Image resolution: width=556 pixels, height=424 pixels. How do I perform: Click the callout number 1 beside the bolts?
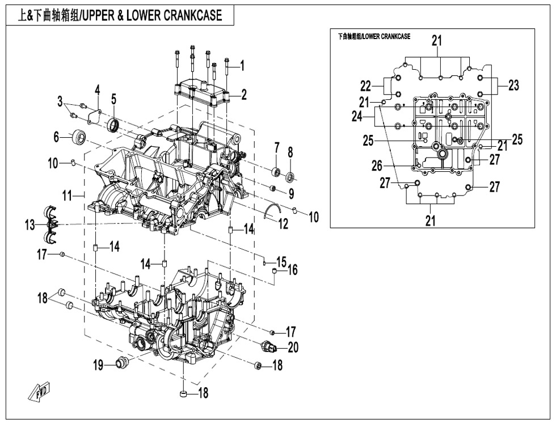tap(242, 66)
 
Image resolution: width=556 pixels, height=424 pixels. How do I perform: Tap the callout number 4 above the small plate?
tap(97, 91)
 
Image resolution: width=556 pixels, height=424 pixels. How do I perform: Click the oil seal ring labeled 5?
tap(114, 125)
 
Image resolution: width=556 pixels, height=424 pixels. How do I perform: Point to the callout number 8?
tap(290, 152)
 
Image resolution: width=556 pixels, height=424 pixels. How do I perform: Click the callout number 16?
tap(292, 270)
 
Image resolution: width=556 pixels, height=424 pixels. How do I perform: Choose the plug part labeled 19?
tap(121, 363)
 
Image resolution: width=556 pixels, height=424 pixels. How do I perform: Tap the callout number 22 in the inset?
tap(366, 86)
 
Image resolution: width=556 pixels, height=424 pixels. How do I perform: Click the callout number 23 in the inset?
tap(513, 86)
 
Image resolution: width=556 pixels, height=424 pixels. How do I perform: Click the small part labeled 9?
tap(272, 188)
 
